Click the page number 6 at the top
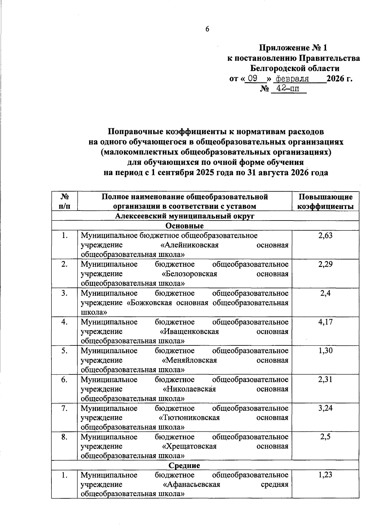[207, 29]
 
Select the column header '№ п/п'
[64, 201]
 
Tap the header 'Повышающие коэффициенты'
[325, 201]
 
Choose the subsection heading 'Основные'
[185, 226]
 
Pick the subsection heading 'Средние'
[184, 465]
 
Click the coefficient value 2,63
[325, 235]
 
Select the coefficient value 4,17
[325, 322]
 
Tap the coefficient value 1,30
[325, 351]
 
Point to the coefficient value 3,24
[325, 408]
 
